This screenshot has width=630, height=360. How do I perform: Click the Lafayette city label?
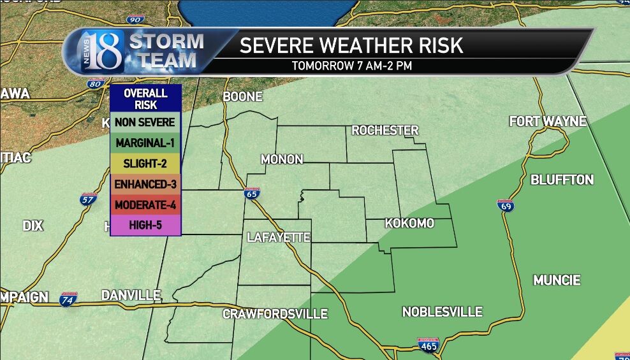point(279,238)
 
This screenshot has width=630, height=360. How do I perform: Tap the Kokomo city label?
point(409,224)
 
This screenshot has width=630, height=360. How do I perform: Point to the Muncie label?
point(557,280)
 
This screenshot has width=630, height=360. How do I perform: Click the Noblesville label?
point(442,312)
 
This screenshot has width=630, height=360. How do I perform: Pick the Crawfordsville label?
point(275,314)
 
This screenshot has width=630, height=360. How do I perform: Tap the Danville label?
point(131,295)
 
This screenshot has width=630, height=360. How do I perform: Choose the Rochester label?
point(385,131)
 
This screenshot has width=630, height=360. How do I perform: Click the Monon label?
point(282,159)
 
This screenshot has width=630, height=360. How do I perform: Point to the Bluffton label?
point(562,180)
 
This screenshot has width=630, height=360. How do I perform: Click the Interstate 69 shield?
point(505,205)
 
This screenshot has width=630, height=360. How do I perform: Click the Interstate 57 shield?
point(89,199)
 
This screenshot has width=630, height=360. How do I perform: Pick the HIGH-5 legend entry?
point(145,226)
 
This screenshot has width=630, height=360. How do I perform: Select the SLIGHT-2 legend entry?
point(145,164)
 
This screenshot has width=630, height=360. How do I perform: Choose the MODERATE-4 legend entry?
point(145,205)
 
